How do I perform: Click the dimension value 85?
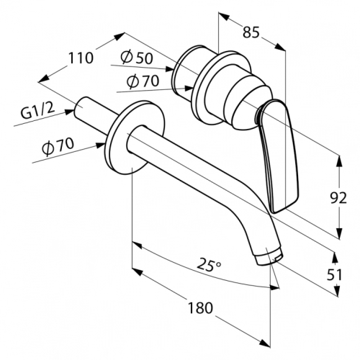pos(251,32)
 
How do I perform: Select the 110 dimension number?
pos(81,58)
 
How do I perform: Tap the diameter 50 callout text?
pos(136,58)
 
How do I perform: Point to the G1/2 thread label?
pos(37,112)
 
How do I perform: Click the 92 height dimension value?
pos(338,198)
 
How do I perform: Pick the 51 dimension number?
pos(334,275)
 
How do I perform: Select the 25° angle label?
pos(209,265)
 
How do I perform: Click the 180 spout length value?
pos(200,308)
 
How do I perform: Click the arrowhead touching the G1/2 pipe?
pos(70,112)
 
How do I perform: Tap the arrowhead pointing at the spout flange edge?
pos(100,145)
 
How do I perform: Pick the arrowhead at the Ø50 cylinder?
pos(169,69)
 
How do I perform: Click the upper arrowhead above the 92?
pos(339,161)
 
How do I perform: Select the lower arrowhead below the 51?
pos(338,290)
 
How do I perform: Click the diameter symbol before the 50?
pos(127,58)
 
